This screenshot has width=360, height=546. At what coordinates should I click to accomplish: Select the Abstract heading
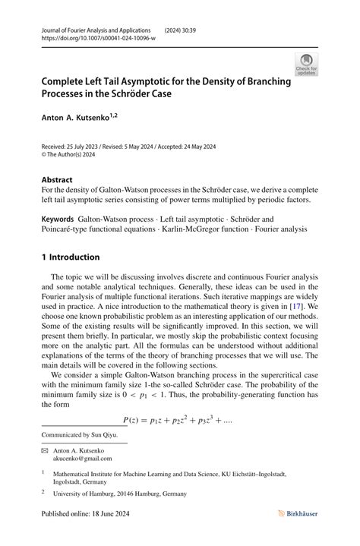58,181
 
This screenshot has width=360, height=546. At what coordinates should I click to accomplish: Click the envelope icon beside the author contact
44,450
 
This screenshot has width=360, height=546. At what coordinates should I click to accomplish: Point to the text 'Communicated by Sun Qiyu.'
81,435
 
